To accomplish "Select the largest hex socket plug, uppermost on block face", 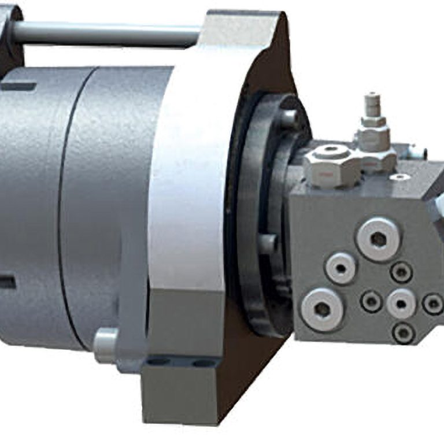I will click(378, 239).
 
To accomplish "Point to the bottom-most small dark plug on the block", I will click(403, 332).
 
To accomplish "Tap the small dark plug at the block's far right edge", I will click(432, 304).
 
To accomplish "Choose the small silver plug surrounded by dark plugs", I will click(401, 303).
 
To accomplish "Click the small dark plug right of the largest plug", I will click(401, 272).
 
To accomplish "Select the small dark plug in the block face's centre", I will click(371, 301).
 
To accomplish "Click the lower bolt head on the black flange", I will click(267, 243).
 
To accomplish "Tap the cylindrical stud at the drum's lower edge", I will click(105, 345).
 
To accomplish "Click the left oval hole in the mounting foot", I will click(157, 362).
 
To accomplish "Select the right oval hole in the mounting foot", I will click(202, 363).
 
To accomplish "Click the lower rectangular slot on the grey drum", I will click(7, 282).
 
